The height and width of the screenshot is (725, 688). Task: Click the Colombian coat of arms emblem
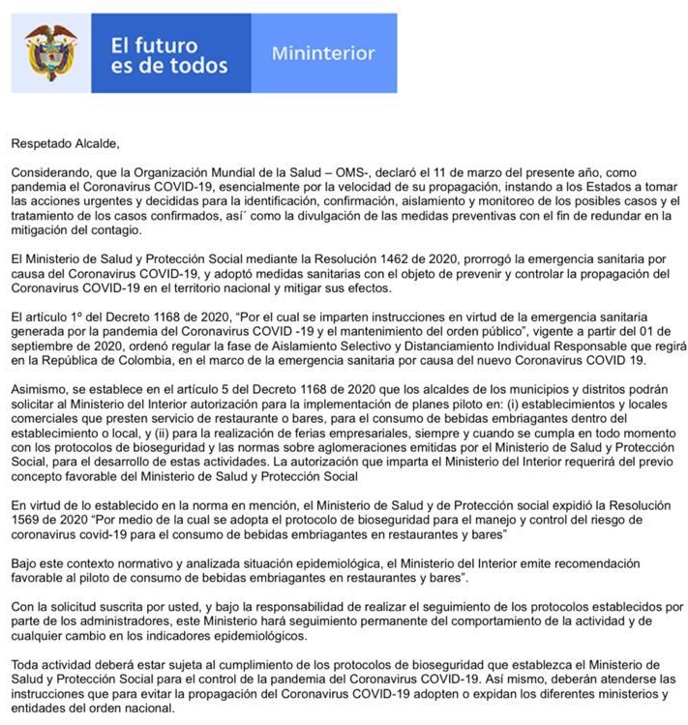pos(50,53)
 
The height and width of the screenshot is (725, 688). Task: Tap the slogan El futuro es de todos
pos(168,56)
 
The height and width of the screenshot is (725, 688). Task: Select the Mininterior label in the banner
pos(322,53)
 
